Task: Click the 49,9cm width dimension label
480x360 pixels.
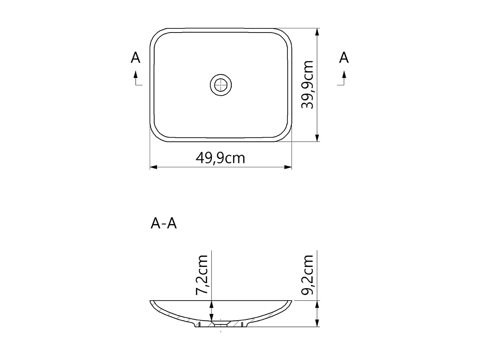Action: coord(220,158)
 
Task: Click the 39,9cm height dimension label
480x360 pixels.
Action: coord(307,85)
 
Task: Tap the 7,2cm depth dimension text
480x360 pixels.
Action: coord(202,275)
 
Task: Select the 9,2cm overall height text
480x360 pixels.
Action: coord(307,275)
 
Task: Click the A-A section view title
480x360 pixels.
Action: coord(164,224)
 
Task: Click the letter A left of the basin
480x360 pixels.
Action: coord(136,58)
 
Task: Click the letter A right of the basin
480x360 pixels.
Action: coord(344,57)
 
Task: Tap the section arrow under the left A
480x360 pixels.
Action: coord(136,78)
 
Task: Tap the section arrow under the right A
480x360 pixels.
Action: coord(343,78)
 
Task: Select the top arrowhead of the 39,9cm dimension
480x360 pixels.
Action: coord(317,32)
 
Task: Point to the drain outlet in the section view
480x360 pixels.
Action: coord(221,323)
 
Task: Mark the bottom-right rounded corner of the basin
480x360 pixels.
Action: coord(284,134)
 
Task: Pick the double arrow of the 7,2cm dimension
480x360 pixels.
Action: coord(211,311)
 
